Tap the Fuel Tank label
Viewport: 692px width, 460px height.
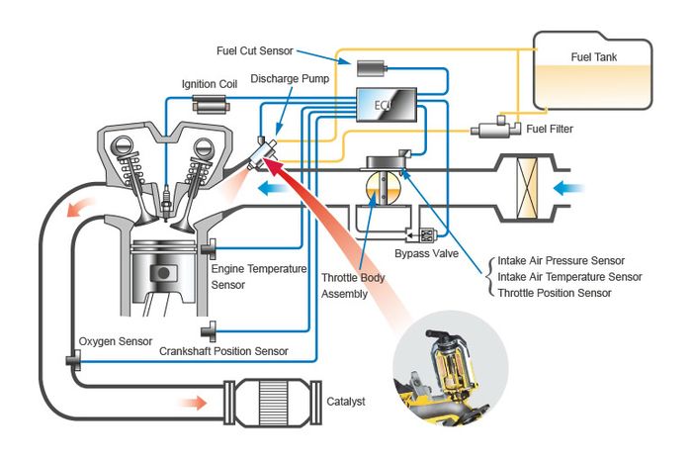point(594,56)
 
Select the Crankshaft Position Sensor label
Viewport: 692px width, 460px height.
point(223,350)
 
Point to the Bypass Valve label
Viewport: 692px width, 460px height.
point(422,254)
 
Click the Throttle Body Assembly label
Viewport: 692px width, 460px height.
point(354,286)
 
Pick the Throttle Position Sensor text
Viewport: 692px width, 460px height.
point(555,293)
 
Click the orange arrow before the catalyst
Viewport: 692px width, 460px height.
point(193,403)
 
